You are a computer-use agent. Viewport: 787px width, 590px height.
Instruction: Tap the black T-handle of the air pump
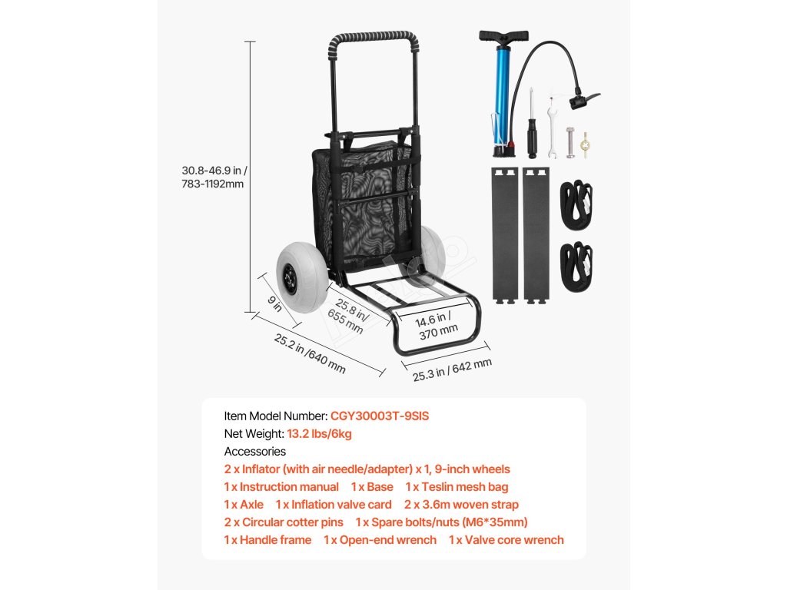[x=504, y=36]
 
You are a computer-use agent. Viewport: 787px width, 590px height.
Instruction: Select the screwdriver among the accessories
[x=530, y=127]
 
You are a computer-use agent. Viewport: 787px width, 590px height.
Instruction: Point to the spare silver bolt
[x=570, y=142]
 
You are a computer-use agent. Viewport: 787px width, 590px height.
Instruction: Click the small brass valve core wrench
[x=586, y=143]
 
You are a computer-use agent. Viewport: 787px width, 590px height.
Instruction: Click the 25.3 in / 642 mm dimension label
[x=452, y=370]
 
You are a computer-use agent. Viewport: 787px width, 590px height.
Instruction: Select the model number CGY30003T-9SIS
[x=380, y=416]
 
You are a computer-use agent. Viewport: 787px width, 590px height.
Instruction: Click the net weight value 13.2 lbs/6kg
[x=319, y=434]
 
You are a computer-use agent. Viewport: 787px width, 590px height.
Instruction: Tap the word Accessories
[x=255, y=452]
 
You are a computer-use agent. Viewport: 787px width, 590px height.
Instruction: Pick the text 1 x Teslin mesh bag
[x=457, y=487]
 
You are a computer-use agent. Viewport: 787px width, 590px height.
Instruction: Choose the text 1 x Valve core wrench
[x=506, y=540]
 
